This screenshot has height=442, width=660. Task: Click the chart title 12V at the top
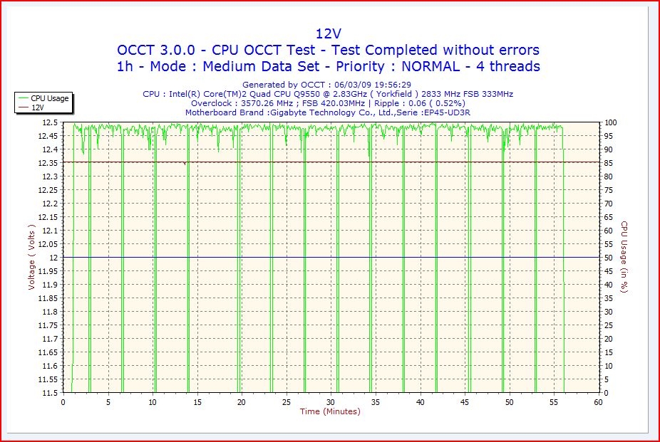coord(329,33)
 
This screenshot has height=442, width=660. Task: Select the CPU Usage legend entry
coord(49,98)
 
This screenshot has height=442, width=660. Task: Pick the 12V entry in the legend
coord(38,107)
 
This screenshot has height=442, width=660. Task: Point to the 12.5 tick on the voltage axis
coord(49,122)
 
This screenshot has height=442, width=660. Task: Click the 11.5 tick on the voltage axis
coord(49,393)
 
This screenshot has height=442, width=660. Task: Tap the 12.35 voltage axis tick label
coord(47,163)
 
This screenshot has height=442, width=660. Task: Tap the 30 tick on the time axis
coord(331,402)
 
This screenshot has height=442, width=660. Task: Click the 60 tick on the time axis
coord(598,402)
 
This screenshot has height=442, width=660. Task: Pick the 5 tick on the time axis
coord(108,402)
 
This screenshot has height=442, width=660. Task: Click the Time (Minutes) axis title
coord(330,411)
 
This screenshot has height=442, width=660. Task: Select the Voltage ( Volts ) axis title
coord(32,258)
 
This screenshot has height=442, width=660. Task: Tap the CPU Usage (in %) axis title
coord(623,258)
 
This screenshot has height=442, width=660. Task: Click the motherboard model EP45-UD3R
coord(446,112)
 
